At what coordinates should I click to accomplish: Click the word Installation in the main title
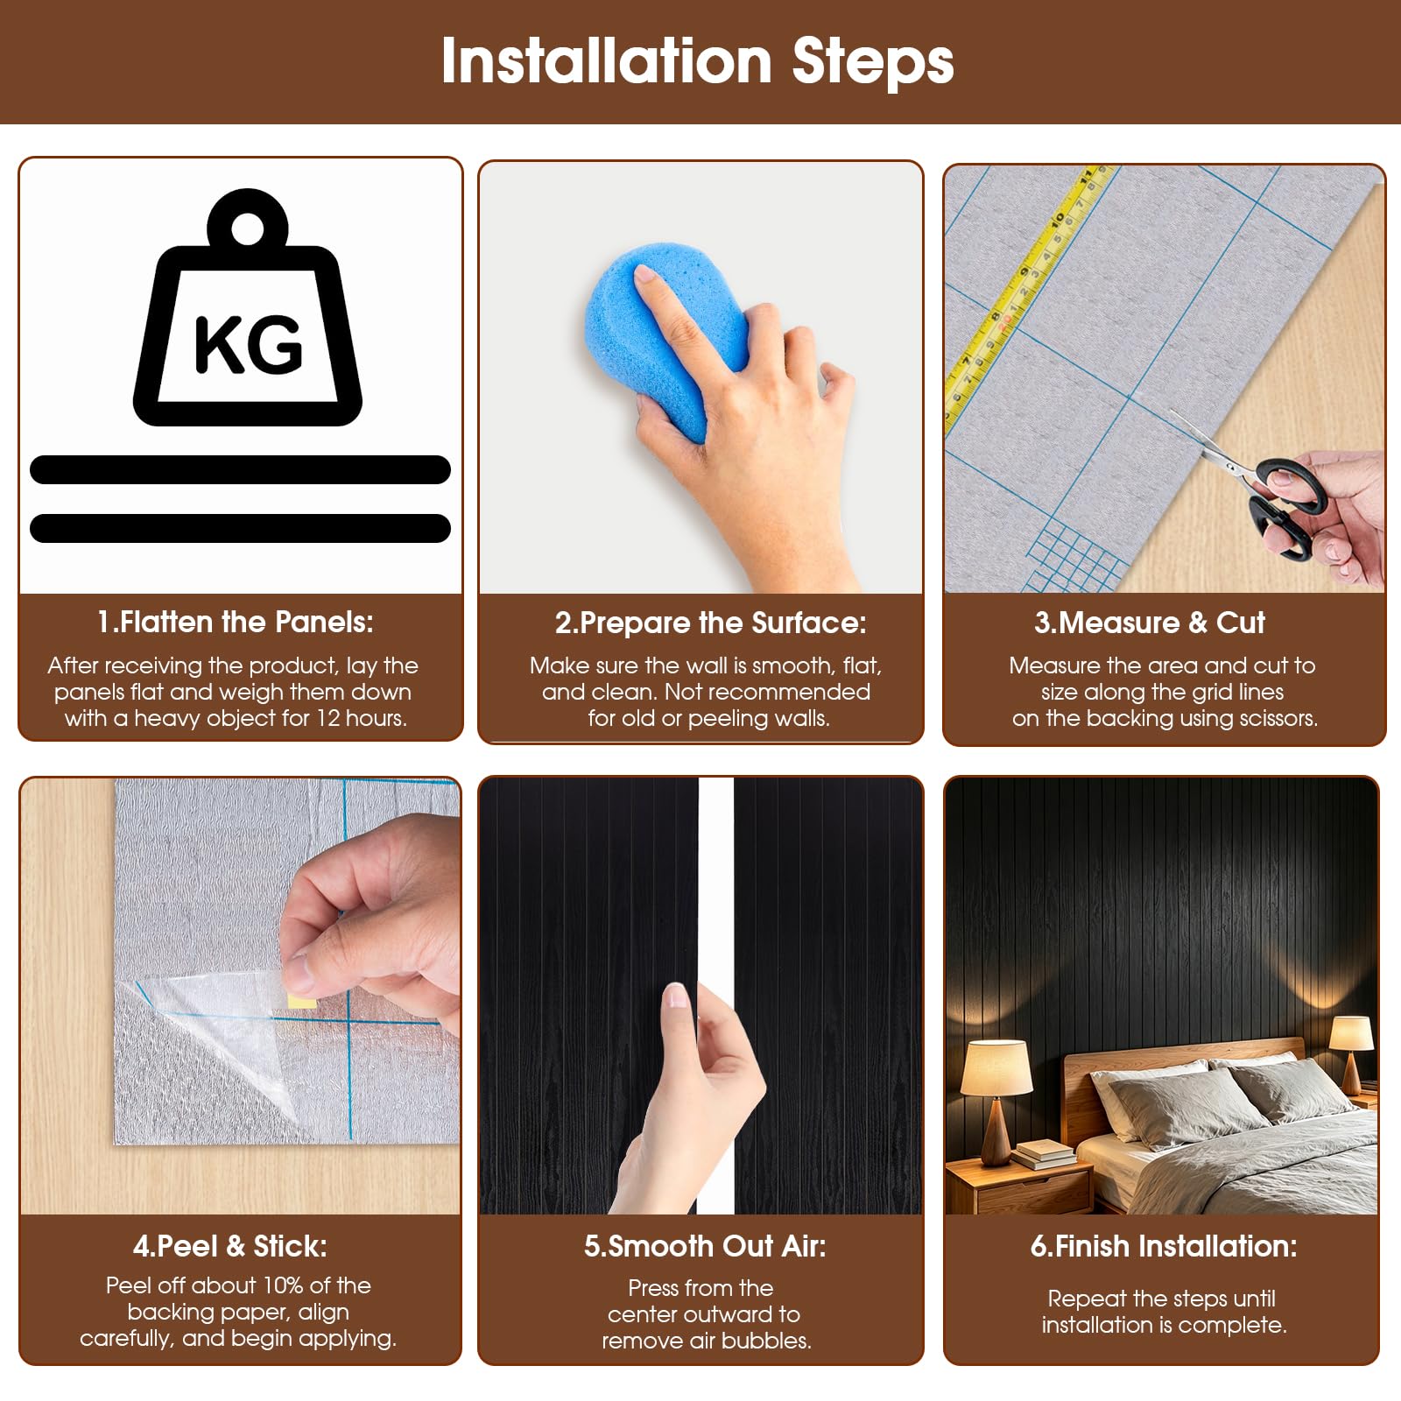(606, 60)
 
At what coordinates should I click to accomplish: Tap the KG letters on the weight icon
(249, 343)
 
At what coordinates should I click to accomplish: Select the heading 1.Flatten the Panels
(236, 622)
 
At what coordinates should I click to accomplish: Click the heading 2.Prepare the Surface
(710, 623)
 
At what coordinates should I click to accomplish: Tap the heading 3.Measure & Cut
(1149, 623)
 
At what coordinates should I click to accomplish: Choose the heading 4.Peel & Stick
(230, 1246)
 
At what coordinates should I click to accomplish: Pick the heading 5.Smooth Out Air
(705, 1246)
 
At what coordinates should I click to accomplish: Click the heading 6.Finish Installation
(1164, 1246)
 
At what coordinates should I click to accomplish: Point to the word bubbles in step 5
(771, 1341)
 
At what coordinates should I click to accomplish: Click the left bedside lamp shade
(996, 1067)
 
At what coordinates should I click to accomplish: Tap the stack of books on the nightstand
(1044, 1153)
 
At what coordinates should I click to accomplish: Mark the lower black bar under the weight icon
(240, 528)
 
